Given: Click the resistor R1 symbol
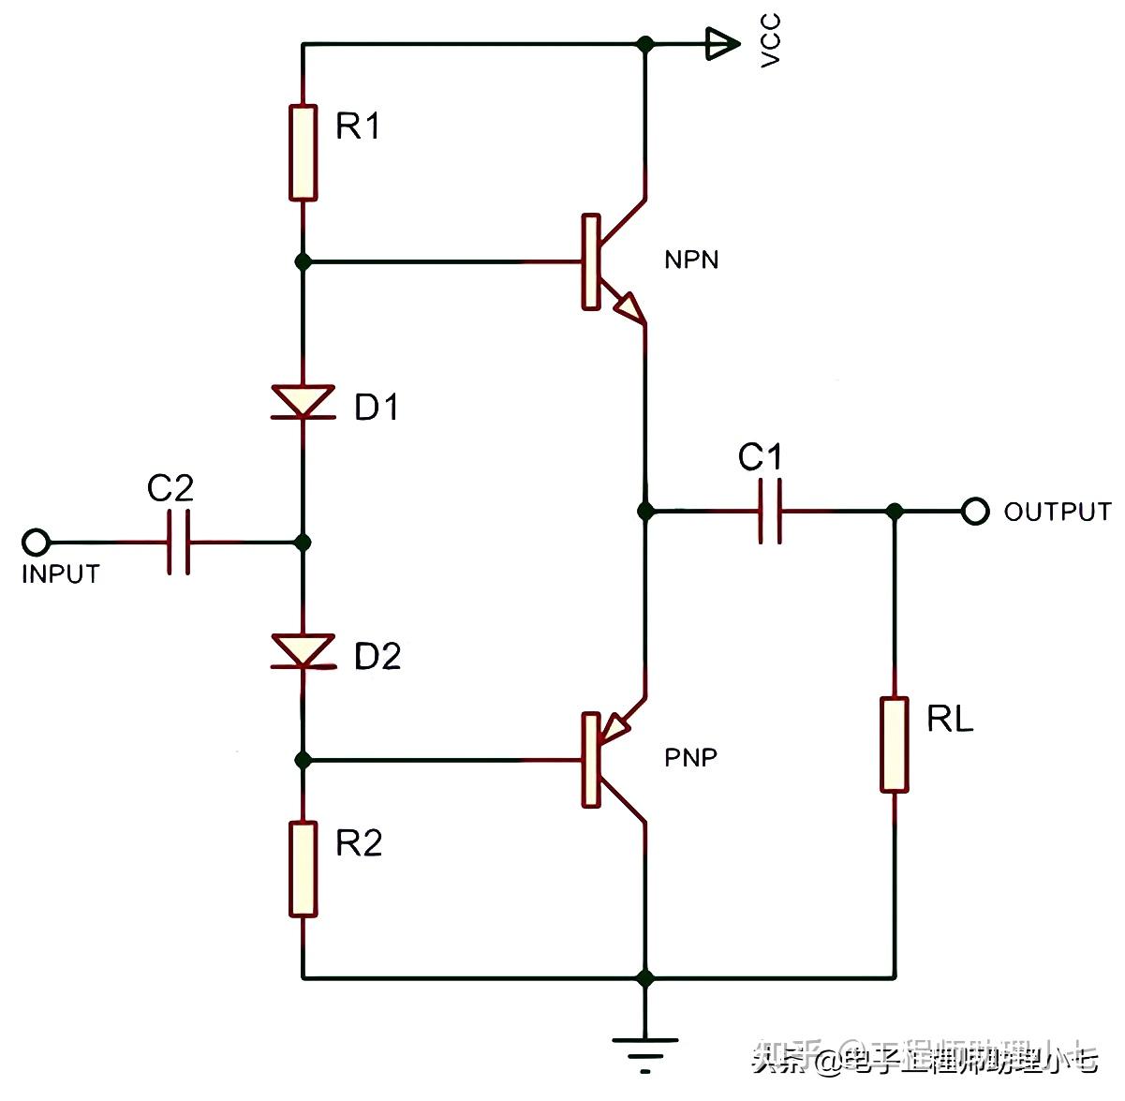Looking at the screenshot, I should (303, 153).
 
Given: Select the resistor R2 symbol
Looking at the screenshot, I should (303, 869).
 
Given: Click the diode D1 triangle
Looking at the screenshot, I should (303, 401).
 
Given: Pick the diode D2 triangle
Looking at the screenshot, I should (303, 650).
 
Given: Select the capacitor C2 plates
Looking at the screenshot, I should (179, 543).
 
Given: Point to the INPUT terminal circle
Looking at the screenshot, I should (36, 543).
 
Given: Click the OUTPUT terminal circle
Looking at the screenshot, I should (975, 512).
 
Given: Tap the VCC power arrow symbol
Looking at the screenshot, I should (720, 43).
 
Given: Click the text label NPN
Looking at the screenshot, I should (691, 260).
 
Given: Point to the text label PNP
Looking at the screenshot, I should (691, 757).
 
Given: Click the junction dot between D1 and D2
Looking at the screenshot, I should (303, 543).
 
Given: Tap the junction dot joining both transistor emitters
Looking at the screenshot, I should (644, 512).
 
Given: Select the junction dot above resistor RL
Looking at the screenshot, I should (895, 512).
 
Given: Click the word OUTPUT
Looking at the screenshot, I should (1057, 512).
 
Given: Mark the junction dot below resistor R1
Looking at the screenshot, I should (303, 261).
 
